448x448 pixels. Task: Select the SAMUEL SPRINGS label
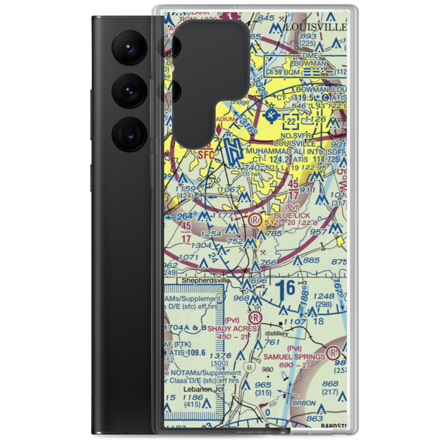coord(300,357)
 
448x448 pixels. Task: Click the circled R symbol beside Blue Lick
coord(254,220)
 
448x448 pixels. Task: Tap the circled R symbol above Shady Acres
coord(256,318)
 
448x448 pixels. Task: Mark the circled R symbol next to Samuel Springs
coord(333,353)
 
